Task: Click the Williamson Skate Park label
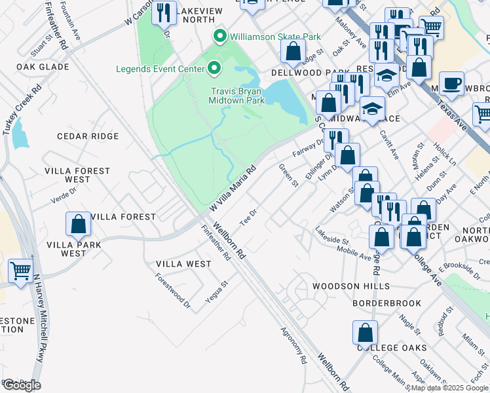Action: pos(269,35)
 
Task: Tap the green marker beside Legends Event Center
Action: pos(213,68)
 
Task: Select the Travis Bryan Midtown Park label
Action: pos(237,96)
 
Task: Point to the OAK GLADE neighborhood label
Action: pos(43,67)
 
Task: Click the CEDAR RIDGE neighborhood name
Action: pos(88,136)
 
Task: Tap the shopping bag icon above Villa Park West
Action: pos(79,224)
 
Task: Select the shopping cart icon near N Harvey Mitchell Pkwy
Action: pos(20,271)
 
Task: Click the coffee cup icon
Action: pos(451,84)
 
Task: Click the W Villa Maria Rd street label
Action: pos(232,188)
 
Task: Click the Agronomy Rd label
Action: pos(293,345)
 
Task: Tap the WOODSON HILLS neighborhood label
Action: pos(350,286)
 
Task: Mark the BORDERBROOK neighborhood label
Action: pos(380,304)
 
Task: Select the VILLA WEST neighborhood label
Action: pos(183,264)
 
